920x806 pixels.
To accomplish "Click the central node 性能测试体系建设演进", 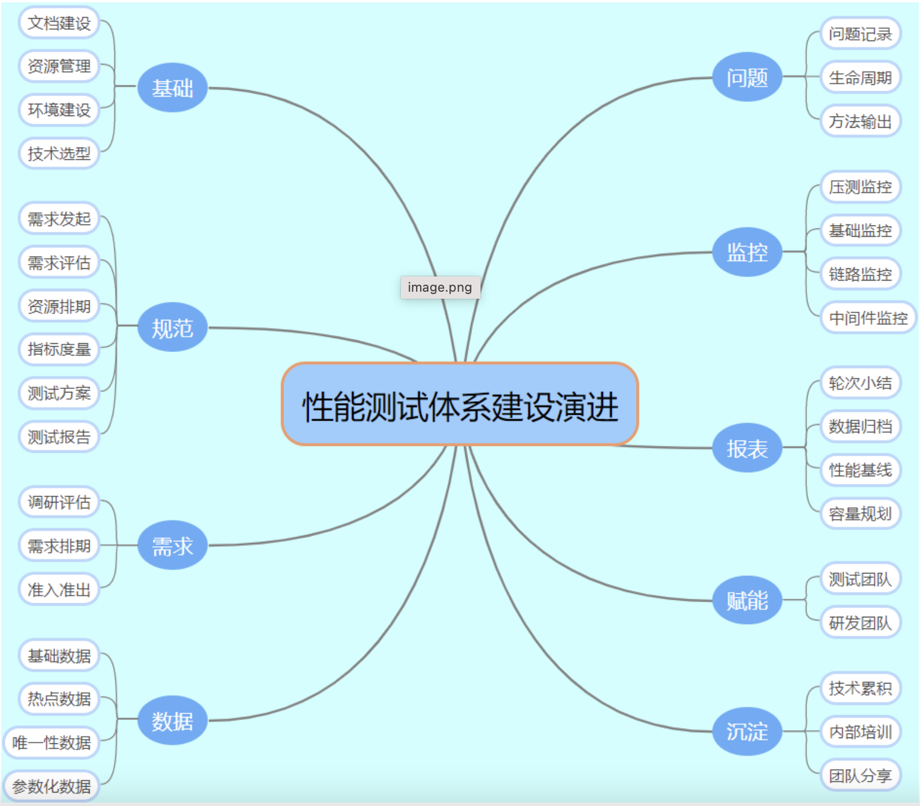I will [x=459, y=405].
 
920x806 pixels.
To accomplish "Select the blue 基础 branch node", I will [x=172, y=88].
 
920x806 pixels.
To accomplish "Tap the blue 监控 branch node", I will [x=747, y=252].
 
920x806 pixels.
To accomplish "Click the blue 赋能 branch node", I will [x=747, y=600].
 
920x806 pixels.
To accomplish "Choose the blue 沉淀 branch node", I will [x=747, y=731].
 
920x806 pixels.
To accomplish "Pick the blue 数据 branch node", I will [x=172, y=720].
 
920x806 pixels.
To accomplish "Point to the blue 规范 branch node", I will [x=172, y=327].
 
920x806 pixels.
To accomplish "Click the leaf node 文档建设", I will [x=59, y=23].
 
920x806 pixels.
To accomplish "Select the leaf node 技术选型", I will [x=59, y=153].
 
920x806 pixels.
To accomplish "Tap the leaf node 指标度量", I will [x=59, y=349].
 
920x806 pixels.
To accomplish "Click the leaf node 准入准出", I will [x=59, y=589].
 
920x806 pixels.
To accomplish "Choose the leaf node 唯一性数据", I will [x=52, y=742].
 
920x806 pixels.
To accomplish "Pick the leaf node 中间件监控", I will [x=868, y=317].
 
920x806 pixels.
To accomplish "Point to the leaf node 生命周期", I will [x=860, y=77].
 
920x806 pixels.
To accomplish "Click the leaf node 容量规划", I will [x=860, y=514].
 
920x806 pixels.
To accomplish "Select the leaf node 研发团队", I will [x=860, y=623].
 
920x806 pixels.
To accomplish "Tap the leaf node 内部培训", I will [x=860, y=732].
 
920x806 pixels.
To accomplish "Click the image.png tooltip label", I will [x=439, y=287].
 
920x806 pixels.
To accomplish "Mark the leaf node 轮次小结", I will [x=860, y=383].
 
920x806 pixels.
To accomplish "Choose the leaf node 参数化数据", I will [x=52, y=786].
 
